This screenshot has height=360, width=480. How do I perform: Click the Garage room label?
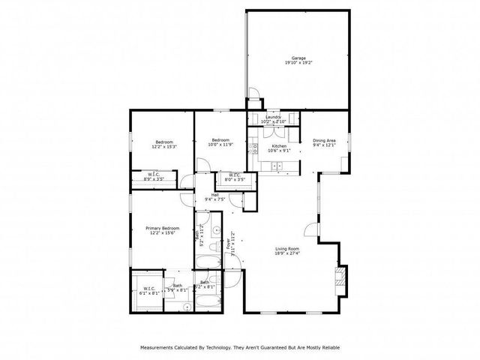298,58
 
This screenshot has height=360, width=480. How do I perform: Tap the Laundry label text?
272,116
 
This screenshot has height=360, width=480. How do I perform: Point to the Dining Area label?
324,140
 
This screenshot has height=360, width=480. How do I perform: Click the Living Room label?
288,248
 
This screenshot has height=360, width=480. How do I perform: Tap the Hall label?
214,194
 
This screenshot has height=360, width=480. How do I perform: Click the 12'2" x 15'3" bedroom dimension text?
164,147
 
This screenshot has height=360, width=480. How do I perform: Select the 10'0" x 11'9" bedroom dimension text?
220,144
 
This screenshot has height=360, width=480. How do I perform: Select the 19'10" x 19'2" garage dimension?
298,63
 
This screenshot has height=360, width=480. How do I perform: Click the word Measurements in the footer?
159,347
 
